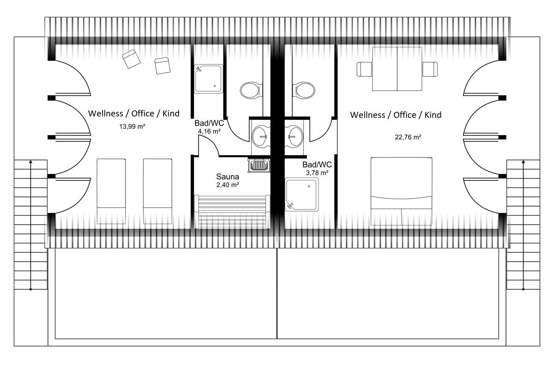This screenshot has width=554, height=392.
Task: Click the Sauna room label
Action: coord(228,177)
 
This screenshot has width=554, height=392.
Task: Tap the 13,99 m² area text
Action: coord(132,127)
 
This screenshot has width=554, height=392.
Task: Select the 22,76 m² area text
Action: coord(408,137)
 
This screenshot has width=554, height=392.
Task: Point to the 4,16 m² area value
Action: coord(209,131)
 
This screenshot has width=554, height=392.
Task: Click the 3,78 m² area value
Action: coord(317,173)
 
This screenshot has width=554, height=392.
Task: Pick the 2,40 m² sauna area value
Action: coord(228,185)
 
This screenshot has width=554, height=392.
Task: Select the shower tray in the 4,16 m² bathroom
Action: coord(208,79)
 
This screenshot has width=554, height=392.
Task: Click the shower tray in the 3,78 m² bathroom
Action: coord(301,195)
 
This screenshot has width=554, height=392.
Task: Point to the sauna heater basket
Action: coord(259,165)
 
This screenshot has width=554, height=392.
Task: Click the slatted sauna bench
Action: coord(232,212)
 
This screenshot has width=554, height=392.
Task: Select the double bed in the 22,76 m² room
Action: coord(401,191)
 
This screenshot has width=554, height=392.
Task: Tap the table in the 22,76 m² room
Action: coord(397,69)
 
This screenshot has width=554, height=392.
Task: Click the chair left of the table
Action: coord(364,69)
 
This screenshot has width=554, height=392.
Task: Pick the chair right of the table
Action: coord(430,69)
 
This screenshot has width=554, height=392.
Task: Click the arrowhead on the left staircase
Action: coord(30,162)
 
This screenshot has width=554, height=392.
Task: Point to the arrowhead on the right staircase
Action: coord(524,162)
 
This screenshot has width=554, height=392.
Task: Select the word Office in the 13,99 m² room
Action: coord(143,114)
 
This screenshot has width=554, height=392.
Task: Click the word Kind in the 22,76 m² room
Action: coord(433,115)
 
